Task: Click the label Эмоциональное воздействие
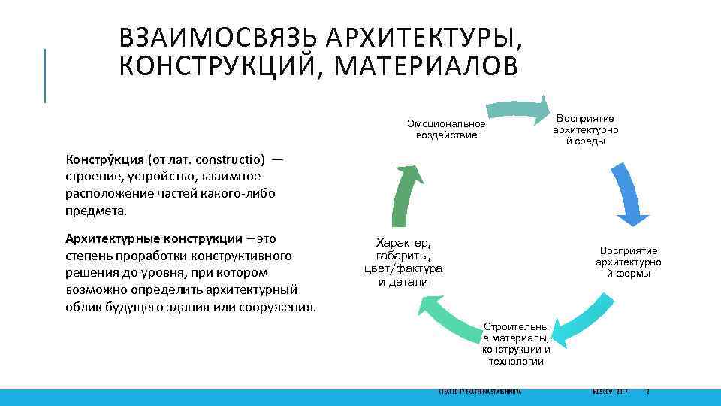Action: [446, 129]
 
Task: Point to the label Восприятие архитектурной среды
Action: [584, 130]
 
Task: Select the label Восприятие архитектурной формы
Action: [629, 262]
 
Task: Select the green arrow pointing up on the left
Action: [405, 189]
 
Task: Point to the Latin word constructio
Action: [230, 160]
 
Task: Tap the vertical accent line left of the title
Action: [45, 74]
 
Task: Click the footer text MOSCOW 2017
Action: [609, 392]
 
